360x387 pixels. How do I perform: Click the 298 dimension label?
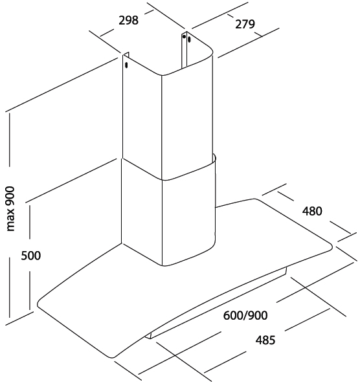(128, 20)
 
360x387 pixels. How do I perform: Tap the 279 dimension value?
(245, 24)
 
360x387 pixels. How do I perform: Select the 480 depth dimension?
(312, 211)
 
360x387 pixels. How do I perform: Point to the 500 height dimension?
(31, 256)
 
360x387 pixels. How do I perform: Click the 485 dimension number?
(265, 340)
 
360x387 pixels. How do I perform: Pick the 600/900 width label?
(245, 315)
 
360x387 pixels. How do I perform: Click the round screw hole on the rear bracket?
(184, 37)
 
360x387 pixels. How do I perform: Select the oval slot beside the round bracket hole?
(189, 39)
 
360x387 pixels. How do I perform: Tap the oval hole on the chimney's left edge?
(126, 65)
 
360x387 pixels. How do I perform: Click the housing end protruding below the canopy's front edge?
(150, 336)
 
